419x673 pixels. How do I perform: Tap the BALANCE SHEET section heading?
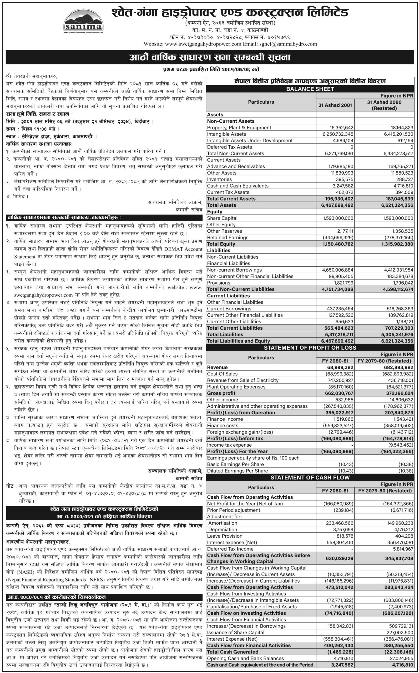pos(310,89)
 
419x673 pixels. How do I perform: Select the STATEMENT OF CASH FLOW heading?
pos(310,477)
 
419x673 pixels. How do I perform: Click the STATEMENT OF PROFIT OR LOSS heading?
pos(310,348)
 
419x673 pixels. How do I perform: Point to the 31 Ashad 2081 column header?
pos(335,105)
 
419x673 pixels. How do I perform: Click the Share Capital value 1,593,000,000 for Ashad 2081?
pos(338,218)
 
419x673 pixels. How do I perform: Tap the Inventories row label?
pos(219,180)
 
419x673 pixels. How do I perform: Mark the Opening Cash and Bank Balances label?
pos(245,658)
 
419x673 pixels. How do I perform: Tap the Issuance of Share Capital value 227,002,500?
pos(398,632)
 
